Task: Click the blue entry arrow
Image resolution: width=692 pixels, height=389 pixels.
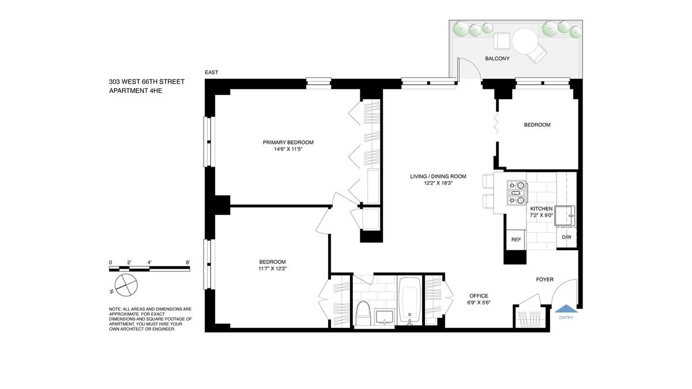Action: coord(566,308)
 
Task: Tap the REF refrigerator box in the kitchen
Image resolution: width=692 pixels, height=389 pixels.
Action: coord(516,240)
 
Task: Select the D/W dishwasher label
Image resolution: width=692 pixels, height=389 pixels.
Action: coord(566,237)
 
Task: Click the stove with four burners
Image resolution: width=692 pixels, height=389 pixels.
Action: coord(517,193)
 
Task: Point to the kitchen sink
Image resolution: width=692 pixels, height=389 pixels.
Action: coord(565,216)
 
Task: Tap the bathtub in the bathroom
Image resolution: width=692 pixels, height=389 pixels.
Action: coord(409,300)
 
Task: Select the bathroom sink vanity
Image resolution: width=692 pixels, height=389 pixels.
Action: coord(385,318)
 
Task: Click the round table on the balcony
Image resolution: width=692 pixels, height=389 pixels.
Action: coord(525,41)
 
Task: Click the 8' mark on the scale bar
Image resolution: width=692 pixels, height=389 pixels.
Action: coord(188,262)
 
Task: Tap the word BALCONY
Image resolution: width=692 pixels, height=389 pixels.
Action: coord(497,58)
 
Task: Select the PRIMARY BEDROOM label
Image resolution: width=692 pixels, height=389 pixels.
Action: coord(288,142)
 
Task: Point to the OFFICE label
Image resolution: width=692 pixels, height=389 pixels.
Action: coord(479,296)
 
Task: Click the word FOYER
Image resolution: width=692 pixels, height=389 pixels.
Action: coord(544,280)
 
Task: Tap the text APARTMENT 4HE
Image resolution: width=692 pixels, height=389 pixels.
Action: coord(136,91)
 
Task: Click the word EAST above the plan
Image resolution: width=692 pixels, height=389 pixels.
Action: coord(211,72)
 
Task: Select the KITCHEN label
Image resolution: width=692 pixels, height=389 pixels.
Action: coord(541,209)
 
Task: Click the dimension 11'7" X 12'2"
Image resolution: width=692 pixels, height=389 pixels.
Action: coord(273,269)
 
